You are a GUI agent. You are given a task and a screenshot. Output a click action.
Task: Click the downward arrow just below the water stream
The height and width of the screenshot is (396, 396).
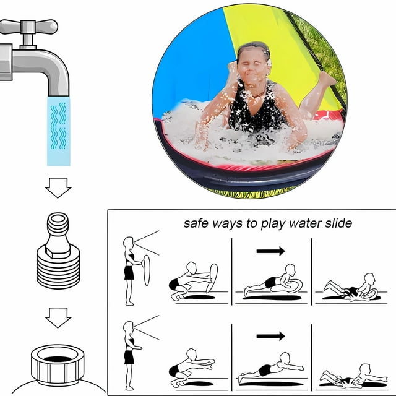point(59,186)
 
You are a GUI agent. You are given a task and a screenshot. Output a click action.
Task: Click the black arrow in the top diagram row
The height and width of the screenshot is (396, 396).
point(270,251)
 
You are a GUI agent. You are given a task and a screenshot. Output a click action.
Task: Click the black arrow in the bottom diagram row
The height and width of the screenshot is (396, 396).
point(270,336)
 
